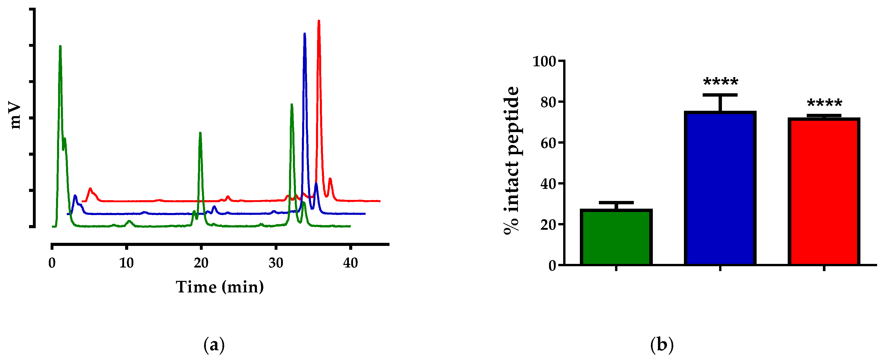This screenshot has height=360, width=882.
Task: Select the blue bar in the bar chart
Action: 720,188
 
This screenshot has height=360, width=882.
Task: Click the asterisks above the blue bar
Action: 720,82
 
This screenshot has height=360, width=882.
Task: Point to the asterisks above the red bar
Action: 824,103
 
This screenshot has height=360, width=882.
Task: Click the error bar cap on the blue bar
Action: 720,95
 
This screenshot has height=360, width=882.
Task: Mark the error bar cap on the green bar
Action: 616,203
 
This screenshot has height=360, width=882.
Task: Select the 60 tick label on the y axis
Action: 548,143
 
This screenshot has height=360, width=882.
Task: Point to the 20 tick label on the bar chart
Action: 548,225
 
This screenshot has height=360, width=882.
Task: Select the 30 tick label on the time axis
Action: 276,263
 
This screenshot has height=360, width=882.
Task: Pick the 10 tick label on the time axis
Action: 126,263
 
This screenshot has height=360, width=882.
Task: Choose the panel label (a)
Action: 214,345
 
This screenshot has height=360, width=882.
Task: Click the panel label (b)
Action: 662,345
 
